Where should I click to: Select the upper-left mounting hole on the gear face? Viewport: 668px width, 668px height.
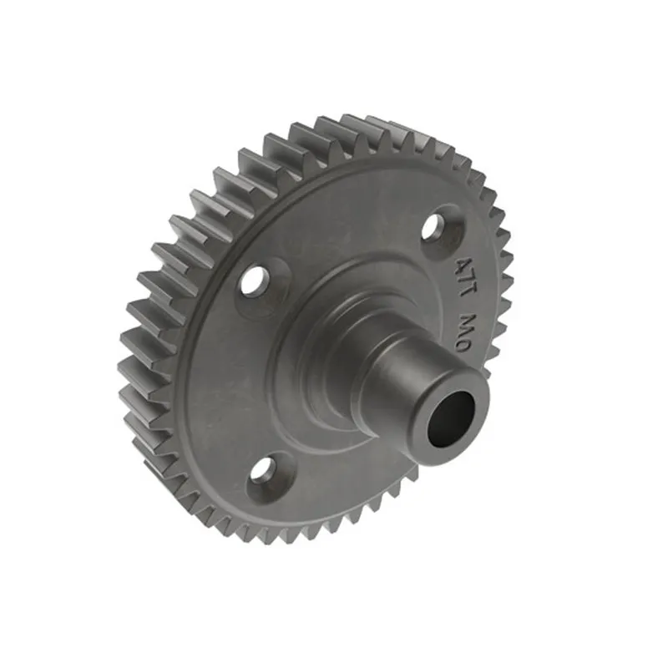pos(253,281)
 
